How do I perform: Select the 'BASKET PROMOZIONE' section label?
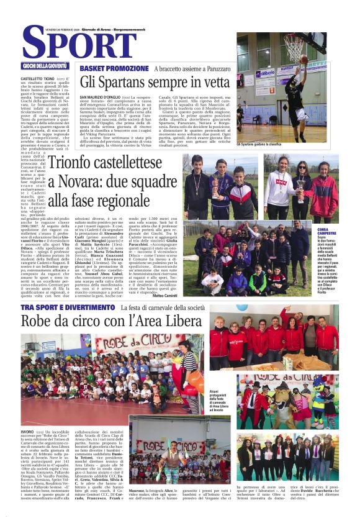(x=114, y=68)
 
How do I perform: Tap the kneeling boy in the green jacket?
(x=236, y=280)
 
